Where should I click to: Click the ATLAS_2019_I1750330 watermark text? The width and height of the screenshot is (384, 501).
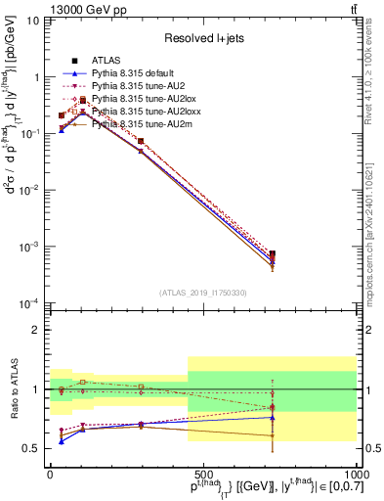(x=202, y=293)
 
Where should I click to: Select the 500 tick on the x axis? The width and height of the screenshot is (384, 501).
(x=203, y=473)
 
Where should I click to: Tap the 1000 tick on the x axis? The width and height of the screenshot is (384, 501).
(x=357, y=473)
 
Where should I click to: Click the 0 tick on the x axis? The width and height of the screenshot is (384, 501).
(x=50, y=473)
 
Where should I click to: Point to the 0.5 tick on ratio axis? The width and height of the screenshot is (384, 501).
(x=34, y=448)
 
